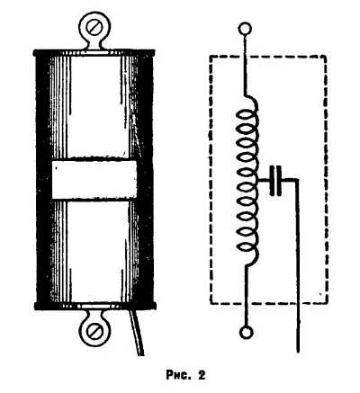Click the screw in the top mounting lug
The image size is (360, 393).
[x=94, y=27]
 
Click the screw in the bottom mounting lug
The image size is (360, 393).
[x=94, y=331]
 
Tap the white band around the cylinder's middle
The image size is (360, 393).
[x=94, y=180]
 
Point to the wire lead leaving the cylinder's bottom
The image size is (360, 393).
[x=138, y=333]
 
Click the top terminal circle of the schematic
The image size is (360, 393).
[x=245, y=29]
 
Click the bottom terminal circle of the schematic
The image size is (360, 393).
[x=247, y=333]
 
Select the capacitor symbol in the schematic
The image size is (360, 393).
[x=275, y=180]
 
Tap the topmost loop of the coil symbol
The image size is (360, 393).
[x=247, y=115]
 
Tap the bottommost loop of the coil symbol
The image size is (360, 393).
[x=247, y=246]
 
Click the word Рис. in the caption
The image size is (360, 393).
[x=178, y=374]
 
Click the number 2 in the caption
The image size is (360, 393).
[x=202, y=375]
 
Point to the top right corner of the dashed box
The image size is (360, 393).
[x=326, y=56]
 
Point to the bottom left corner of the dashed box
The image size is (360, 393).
[x=211, y=303]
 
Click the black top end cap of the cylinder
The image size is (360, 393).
[x=94, y=53]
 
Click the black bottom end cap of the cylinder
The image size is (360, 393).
[x=95, y=306]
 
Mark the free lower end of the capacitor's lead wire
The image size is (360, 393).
[x=298, y=352]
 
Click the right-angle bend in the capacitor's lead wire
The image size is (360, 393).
[x=297, y=180]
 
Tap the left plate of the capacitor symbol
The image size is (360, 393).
[x=272, y=180]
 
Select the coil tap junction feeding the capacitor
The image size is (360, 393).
[x=257, y=180]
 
